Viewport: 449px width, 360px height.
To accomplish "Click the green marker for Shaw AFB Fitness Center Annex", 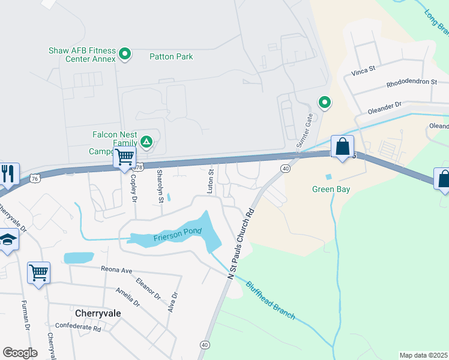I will pos(125,55).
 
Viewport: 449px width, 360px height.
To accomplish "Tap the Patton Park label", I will pos(171,57).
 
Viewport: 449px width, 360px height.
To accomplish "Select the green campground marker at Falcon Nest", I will pos(146,142).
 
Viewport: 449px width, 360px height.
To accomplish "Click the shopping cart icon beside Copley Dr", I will pos(124,158).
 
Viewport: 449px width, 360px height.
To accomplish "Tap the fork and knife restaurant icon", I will pos(7,173).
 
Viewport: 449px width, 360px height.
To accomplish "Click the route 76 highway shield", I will pos(35,178).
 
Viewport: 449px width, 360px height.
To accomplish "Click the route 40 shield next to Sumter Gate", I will pos(285,169).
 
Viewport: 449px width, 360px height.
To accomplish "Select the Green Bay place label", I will pos(330,190).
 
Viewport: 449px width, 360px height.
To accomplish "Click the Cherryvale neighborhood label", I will pos(99,313).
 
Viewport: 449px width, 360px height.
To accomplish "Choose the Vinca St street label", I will pos(363,71).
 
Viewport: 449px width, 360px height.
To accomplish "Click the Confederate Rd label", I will pos(77,327).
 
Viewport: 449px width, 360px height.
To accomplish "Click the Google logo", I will pos(20,353).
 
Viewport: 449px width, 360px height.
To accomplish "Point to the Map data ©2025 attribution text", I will pos(423,355).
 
